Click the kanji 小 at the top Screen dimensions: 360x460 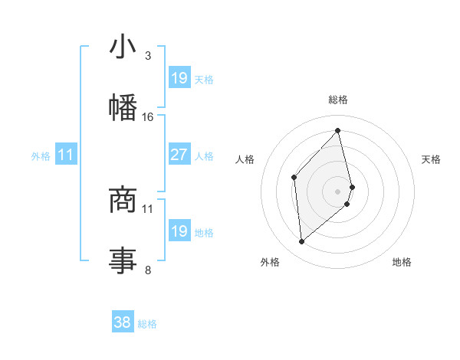(x=123, y=47)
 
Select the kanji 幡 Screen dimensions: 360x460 (x=123, y=106)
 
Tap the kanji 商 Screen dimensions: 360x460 (x=123, y=199)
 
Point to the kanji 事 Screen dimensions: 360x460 (x=123, y=260)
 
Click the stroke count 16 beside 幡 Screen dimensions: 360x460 (x=148, y=117)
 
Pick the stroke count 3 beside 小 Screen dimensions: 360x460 (x=148, y=56)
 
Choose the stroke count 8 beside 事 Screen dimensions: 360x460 (x=148, y=270)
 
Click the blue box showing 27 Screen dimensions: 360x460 (x=179, y=155)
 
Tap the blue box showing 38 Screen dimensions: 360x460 (x=123, y=323)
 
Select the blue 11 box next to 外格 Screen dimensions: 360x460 (x=66, y=155)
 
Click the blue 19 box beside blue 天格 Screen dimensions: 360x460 (x=179, y=78)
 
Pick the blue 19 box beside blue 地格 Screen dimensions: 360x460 (x=179, y=231)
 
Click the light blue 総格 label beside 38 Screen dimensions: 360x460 (x=147, y=324)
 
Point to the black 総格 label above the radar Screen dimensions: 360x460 (x=338, y=100)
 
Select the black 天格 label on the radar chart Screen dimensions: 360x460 (x=432, y=159)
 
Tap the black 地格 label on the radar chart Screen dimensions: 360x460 (x=402, y=263)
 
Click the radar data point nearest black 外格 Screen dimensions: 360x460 (x=301, y=242)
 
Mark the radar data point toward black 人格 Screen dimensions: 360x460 (x=294, y=178)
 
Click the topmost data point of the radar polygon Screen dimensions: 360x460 (x=338, y=131)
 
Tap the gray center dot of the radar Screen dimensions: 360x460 (x=338, y=191)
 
